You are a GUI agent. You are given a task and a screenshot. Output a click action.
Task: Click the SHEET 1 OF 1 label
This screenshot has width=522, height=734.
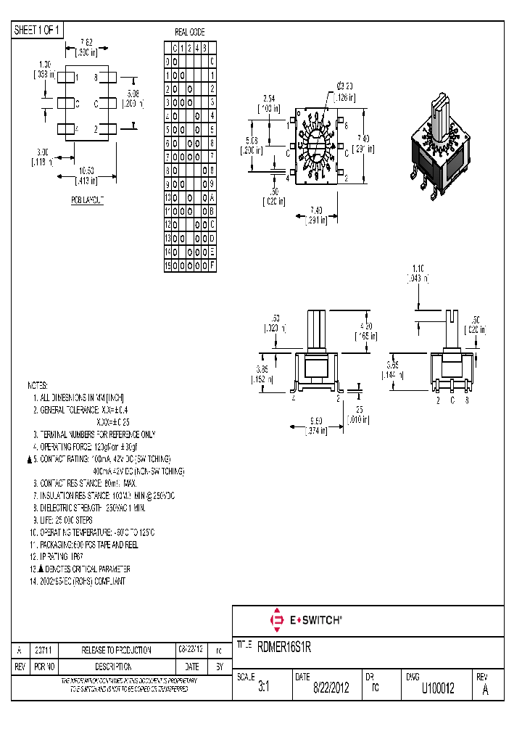coord(38,30)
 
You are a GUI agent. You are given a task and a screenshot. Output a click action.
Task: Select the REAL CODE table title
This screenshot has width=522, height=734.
coord(190,33)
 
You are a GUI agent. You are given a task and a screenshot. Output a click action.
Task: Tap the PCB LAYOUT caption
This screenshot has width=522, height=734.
coord(87,199)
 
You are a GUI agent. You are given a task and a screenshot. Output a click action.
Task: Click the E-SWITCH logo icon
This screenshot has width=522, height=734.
coord(276,621)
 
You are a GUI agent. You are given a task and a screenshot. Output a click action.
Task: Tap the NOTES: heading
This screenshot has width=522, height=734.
coord(38,385)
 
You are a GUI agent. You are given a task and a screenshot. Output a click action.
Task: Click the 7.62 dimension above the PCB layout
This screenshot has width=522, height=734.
coord(85,41)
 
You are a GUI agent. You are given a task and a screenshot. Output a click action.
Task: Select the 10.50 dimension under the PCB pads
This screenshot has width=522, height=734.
coord(87,172)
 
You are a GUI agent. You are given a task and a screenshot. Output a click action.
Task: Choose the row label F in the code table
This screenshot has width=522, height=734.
coord(212,265)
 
